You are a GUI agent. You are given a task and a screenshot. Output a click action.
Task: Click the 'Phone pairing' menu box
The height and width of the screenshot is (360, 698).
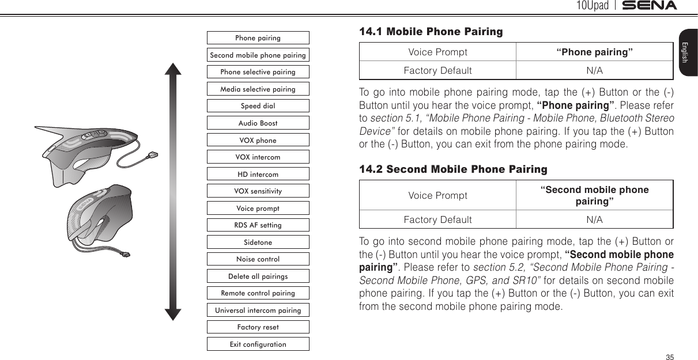tap(258, 38)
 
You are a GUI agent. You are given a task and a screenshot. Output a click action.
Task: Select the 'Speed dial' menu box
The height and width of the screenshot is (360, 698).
tap(258, 106)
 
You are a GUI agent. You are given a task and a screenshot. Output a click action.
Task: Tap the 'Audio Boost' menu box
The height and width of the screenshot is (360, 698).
tap(258, 123)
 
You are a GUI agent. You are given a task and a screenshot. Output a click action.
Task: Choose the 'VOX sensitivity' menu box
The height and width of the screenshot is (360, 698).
tap(258, 191)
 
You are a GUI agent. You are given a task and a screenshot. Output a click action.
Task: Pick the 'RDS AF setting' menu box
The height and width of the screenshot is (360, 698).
tap(258, 225)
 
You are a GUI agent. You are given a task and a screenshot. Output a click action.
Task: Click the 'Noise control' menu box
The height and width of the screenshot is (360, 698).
tap(258, 259)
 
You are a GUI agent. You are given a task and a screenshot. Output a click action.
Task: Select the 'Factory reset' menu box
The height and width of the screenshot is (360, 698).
tap(258, 327)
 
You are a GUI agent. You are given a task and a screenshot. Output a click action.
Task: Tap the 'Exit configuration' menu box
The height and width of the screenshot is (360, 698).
tap(258, 344)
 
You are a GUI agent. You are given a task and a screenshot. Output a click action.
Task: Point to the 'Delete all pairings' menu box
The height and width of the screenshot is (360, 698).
tap(258, 276)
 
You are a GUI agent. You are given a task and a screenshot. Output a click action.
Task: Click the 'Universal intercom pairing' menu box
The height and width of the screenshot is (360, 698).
tap(258, 310)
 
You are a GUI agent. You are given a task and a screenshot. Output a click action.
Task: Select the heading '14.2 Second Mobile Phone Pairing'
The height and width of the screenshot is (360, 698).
tap(453, 169)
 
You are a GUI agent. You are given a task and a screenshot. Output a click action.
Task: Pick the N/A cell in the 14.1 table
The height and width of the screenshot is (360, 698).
tap(594, 70)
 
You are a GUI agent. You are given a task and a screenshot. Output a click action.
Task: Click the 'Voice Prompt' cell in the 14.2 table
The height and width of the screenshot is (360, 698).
tap(437, 195)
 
